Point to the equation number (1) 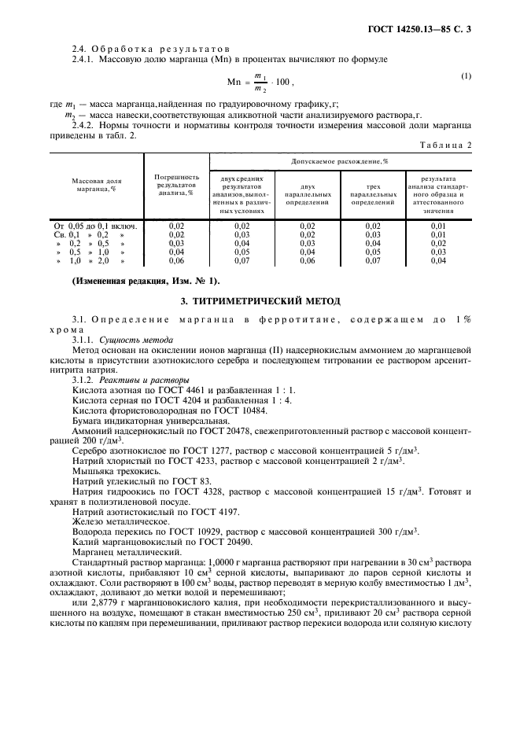[x=466, y=75]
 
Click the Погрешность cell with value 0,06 [x=176, y=260]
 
